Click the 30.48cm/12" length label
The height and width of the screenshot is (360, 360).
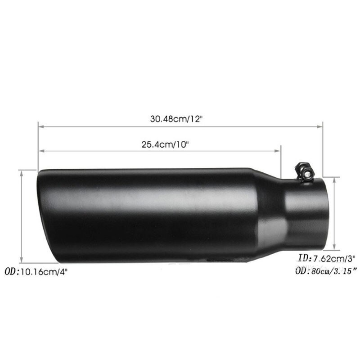click(x=176, y=119)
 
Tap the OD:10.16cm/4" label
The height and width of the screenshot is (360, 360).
click(x=36, y=272)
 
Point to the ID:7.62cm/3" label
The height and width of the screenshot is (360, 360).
click(x=327, y=258)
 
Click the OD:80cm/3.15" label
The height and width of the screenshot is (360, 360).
click(x=326, y=271)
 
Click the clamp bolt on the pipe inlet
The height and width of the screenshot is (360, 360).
click(x=303, y=171)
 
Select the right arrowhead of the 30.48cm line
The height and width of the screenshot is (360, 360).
click(x=320, y=126)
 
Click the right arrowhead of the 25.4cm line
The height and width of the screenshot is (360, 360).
click(x=278, y=151)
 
